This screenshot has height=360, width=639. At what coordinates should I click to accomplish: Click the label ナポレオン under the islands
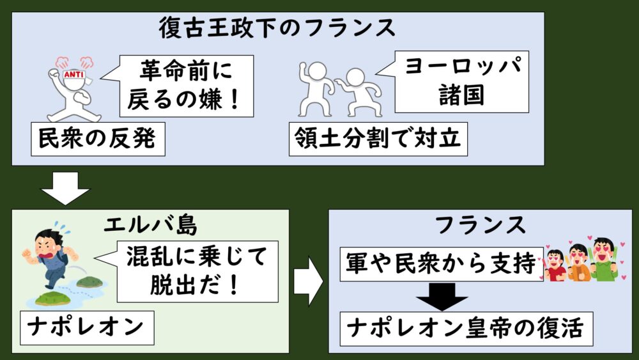(85, 327)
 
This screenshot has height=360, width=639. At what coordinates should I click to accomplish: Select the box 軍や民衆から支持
(440, 264)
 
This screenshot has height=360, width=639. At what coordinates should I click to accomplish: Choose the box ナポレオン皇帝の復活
(466, 329)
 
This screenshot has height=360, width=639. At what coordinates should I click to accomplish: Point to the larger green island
(53, 298)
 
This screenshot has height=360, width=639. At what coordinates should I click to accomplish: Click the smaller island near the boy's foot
(89, 281)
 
